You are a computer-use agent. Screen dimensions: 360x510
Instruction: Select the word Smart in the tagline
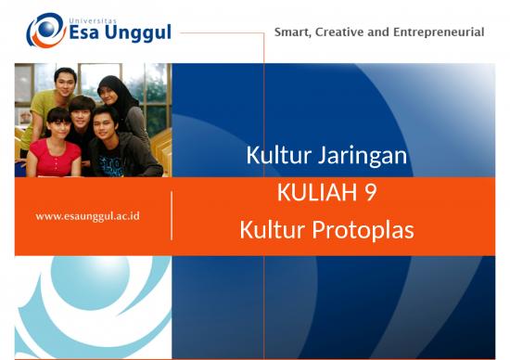[294, 32]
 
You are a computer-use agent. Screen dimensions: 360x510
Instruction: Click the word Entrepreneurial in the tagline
[440, 32]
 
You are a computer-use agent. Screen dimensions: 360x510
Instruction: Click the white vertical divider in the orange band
[172, 215]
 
